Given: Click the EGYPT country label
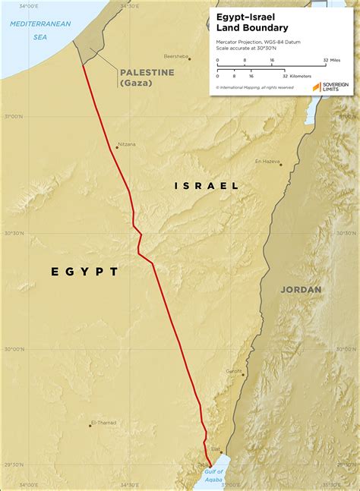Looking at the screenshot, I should [84, 271].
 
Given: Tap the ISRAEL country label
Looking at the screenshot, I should [207, 185].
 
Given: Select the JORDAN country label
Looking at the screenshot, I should [301, 289].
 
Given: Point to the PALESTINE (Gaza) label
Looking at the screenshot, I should [146, 77].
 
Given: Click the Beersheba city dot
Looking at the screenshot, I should [189, 58].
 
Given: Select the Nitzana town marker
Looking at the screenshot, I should [116, 147].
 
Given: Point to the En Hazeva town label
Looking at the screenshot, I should [267, 161].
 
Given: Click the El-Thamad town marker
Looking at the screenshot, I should [90, 426].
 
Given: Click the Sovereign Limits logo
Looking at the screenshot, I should [333, 87].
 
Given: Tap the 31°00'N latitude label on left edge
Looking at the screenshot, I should [13, 116].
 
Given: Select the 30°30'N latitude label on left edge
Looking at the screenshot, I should [13, 233].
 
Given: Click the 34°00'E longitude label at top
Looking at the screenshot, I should [29, 5].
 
